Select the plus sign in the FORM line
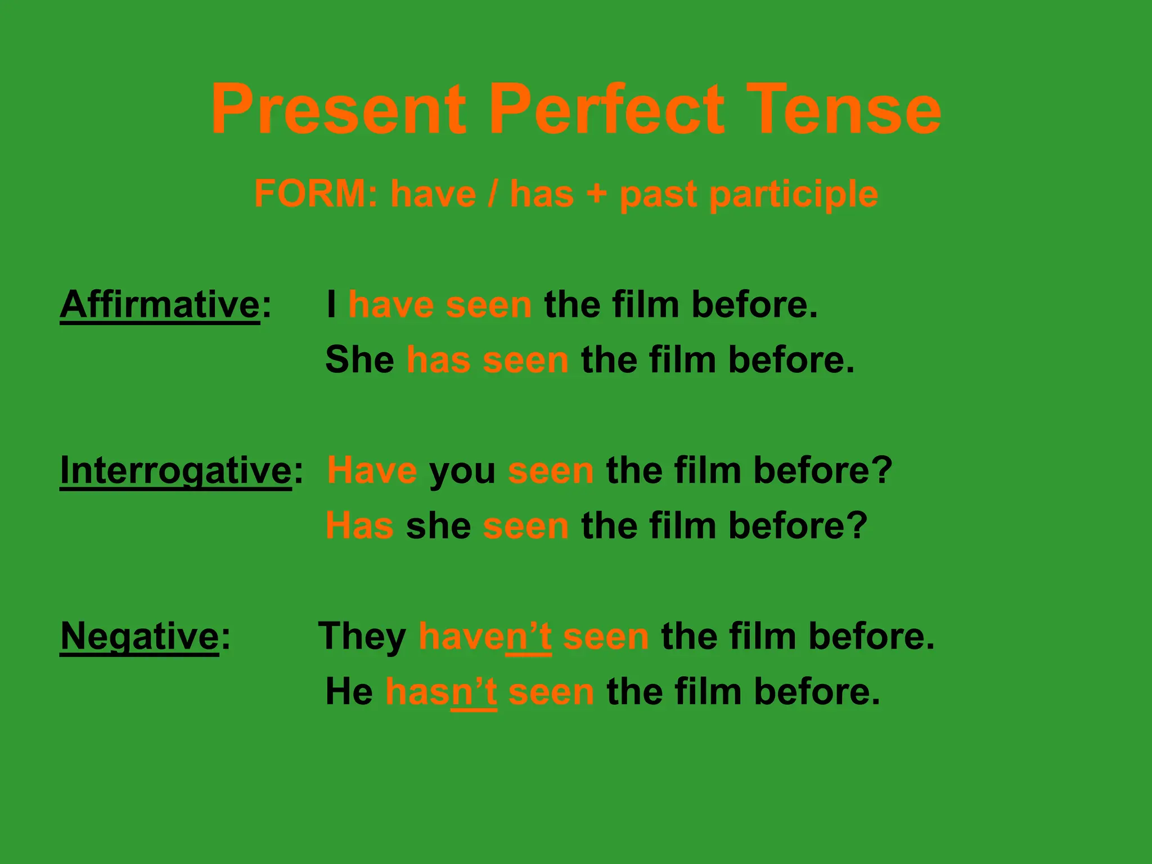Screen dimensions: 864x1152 point(597,195)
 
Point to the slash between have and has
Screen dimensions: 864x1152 point(493,194)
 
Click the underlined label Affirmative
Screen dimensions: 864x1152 point(160,304)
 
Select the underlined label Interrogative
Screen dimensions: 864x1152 point(175,470)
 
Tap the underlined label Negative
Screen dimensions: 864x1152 point(139,636)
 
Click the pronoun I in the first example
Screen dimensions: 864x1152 point(332,304)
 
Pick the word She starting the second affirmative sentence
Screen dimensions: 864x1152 point(360,359)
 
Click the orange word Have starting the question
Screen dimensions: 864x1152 point(372,470)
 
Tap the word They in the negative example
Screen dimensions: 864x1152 point(362,636)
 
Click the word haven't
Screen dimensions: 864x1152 point(485,636)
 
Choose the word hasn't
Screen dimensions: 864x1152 point(441,691)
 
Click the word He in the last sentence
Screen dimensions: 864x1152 point(349,691)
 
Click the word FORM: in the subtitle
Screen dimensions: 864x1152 point(316,194)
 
